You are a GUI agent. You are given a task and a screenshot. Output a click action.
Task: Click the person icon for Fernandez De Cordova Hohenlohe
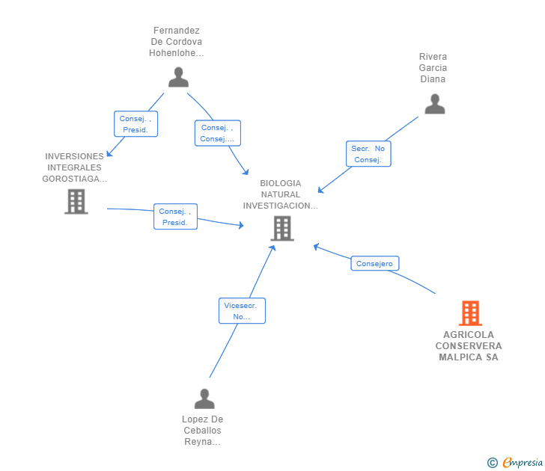coord(178,77)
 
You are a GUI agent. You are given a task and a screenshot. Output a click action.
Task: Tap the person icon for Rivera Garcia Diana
coord(434,104)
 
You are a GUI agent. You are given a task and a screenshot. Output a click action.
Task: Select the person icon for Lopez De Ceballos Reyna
coord(204,399)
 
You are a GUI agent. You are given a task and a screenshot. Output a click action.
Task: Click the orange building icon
coord(469,313)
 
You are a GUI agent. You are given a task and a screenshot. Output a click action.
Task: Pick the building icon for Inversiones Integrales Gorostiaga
coord(76,201)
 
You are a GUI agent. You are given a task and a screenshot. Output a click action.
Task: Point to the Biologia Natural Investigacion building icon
coord(281,228)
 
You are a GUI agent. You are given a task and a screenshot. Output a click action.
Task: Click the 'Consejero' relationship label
coord(375,263)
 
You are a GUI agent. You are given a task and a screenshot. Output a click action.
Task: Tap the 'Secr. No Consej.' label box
coord(368,154)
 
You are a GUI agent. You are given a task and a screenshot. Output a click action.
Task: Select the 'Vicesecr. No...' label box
coord(242,311)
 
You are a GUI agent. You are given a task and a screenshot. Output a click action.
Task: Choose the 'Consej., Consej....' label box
coord(218,133)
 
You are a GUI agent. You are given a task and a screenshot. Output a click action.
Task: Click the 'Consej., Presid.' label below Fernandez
coord(136,124)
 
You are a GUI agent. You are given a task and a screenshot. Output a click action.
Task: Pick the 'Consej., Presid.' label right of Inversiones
coord(175,217)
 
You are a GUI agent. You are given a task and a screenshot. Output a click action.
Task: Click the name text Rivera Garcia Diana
coord(433,68)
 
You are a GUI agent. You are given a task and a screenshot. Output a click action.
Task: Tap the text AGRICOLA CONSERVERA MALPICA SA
coord(469,346)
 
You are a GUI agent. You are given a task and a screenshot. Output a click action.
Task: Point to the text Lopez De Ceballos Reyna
coord(202,431)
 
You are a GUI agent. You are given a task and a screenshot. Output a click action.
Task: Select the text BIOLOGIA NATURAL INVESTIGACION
coord(281,194)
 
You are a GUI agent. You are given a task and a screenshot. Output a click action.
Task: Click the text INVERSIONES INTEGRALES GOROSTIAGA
coord(74,167)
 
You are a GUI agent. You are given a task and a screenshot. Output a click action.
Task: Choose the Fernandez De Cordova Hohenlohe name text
coord(177,42)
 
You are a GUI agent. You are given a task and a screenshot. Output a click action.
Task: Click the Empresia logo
coord(523,463)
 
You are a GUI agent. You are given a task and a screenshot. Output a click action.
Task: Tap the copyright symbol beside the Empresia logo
coord(493,463)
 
